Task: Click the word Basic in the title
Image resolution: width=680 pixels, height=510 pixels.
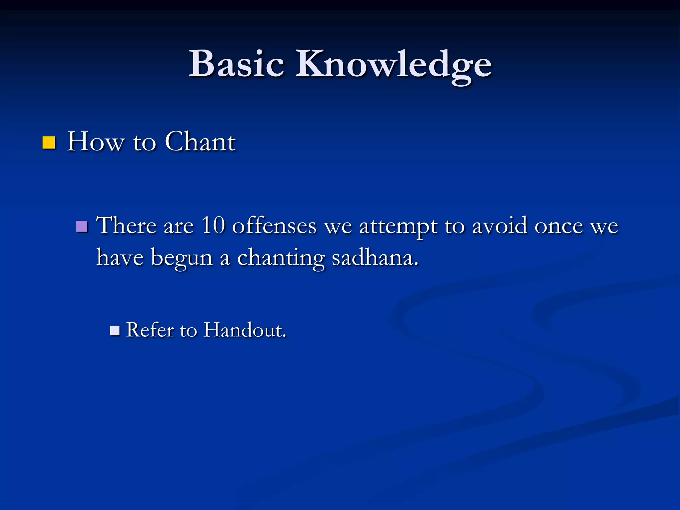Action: (x=236, y=64)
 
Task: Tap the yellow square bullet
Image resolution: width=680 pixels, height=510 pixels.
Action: (x=49, y=142)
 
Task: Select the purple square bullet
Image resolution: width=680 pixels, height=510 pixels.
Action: (x=82, y=226)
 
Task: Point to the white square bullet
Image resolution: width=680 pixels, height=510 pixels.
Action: (x=115, y=331)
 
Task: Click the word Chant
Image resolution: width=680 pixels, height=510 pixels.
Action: (x=200, y=141)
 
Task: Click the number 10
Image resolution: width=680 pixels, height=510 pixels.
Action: (x=213, y=225)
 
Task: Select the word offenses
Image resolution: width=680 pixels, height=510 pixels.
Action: (x=274, y=225)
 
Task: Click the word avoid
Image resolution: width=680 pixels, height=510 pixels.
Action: (x=500, y=225)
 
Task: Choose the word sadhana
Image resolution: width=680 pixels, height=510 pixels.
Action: (x=375, y=258)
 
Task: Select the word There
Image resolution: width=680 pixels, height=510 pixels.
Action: (x=127, y=225)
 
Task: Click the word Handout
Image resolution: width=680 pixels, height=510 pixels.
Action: (x=245, y=330)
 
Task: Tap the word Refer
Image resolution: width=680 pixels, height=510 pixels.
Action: (x=150, y=330)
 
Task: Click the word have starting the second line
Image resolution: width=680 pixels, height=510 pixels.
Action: (x=120, y=258)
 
